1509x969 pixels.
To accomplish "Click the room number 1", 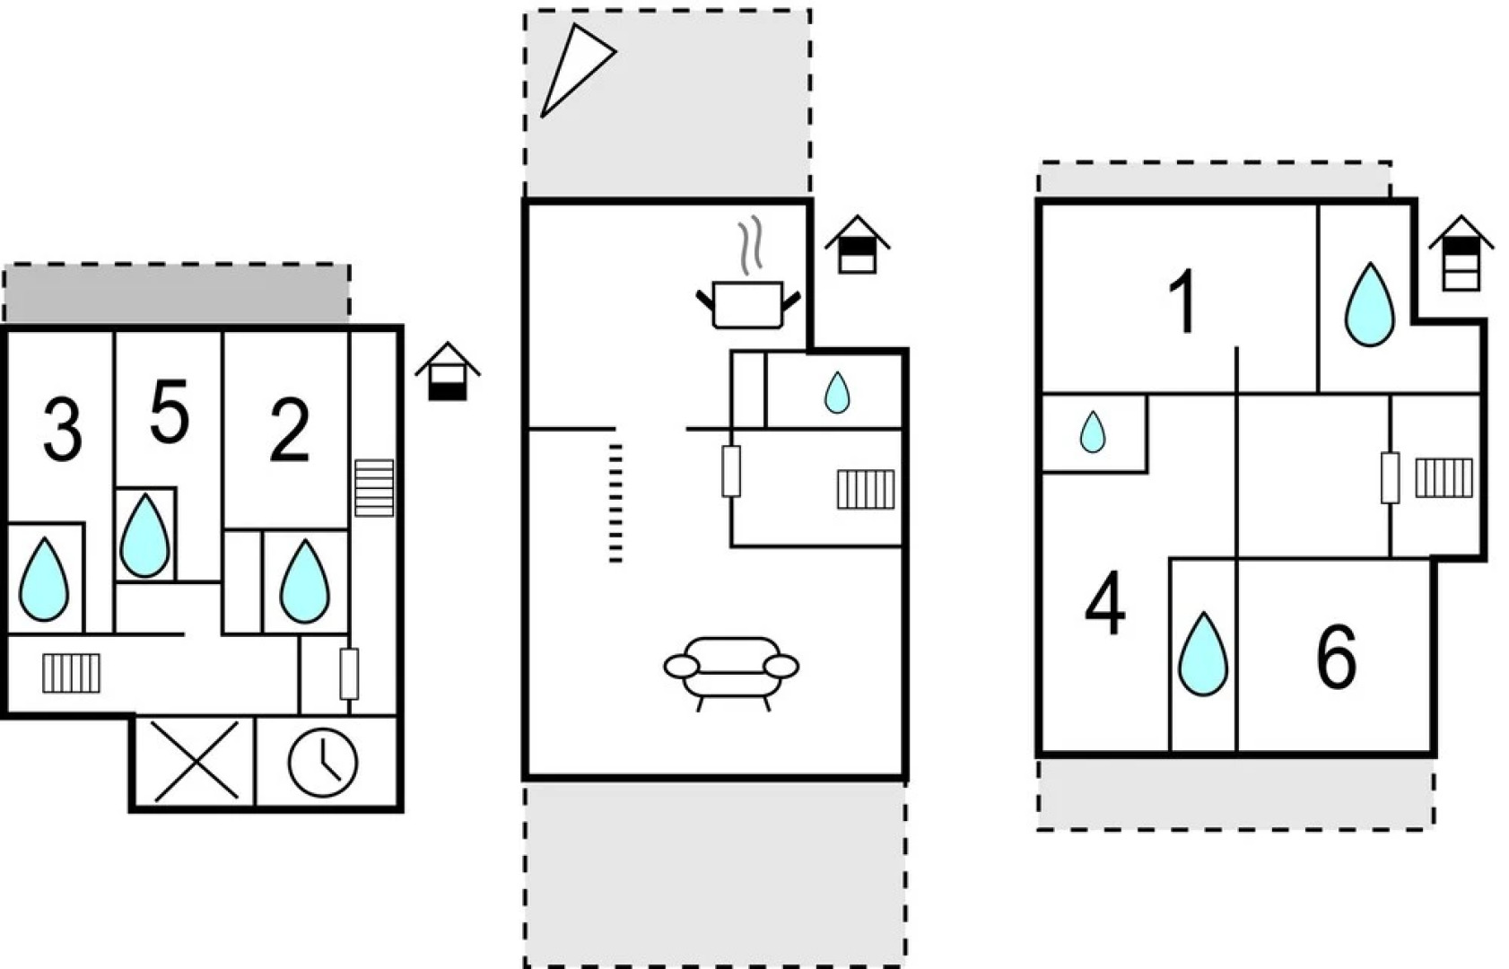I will point(1184,303).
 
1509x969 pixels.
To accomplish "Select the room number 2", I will point(289,432).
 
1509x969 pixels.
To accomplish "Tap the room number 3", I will point(62,431).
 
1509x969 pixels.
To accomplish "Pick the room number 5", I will point(169,412).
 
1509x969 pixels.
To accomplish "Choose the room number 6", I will point(1336,658).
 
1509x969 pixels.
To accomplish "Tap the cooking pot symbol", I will point(747,303).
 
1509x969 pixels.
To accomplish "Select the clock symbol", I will point(323,763).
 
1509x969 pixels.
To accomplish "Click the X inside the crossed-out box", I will point(196,761).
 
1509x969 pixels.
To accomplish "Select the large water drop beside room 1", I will point(1370,304).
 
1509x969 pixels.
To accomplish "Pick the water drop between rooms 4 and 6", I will point(1202,654).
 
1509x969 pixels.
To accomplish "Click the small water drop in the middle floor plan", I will point(837,392).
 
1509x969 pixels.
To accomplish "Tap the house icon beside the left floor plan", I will point(448,371).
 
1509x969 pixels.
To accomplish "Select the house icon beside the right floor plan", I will point(1461,254).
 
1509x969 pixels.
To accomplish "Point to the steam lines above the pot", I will point(751,245).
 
